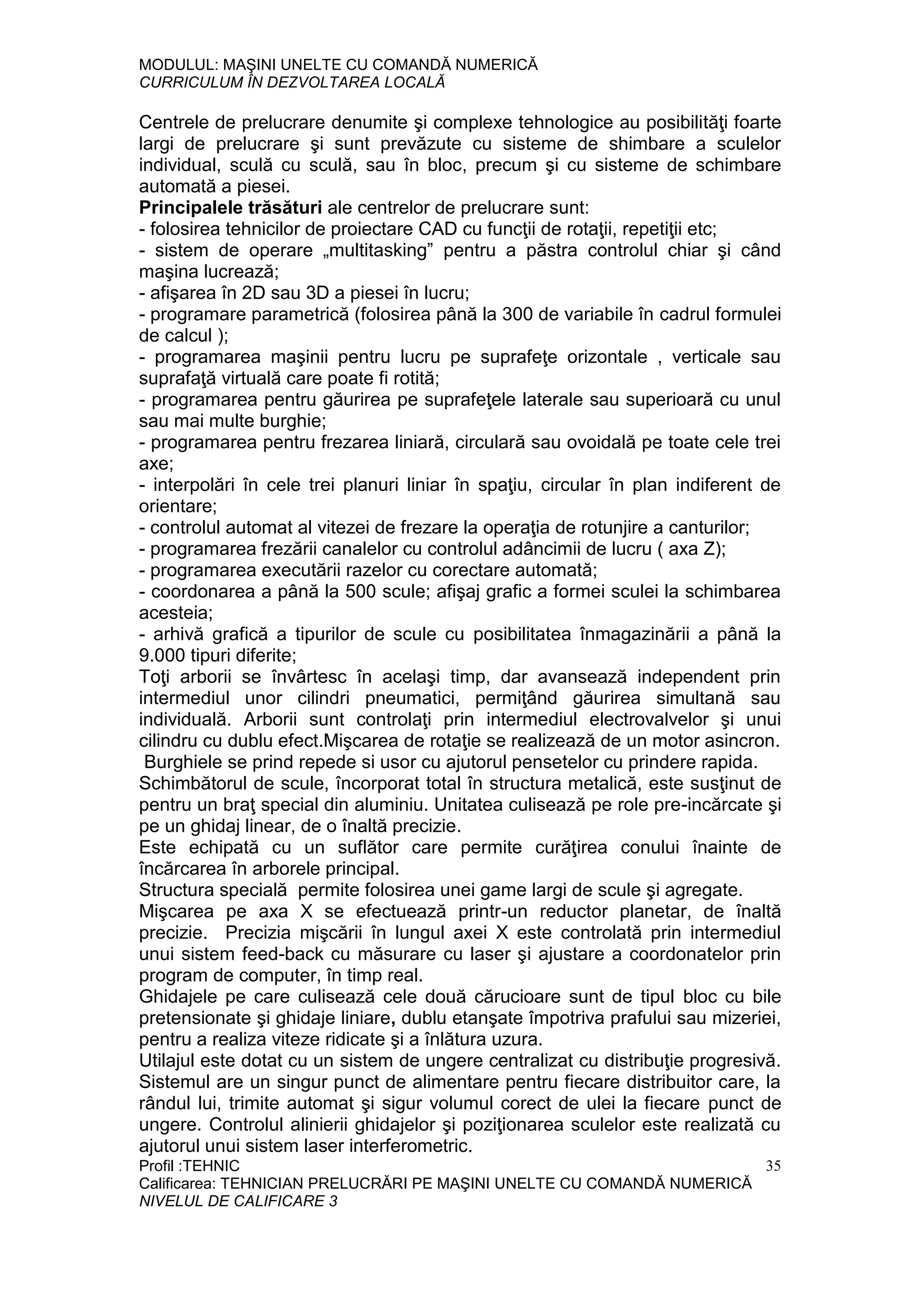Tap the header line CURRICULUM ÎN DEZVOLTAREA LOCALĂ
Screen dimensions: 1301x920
point(292,83)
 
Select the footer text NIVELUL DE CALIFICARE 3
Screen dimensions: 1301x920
point(238,1201)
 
